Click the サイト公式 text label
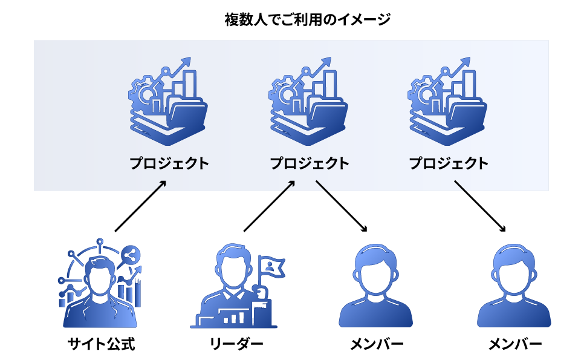(x=101, y=345)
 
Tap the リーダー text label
(x=236, y=345)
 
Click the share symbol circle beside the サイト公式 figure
(x=129, y=255)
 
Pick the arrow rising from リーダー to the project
(x=269, y=206)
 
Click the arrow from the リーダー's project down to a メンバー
(x=341, y=206)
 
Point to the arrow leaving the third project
(x=480, y=206)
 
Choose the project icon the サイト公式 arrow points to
(x=169, y=101)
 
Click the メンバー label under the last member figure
(x=514, y=345)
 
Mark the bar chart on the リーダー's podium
(x=232, y=316)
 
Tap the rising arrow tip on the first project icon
(x=186, y=61)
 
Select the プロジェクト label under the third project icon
(x=449, y=163)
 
